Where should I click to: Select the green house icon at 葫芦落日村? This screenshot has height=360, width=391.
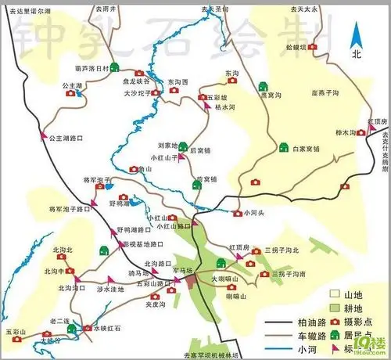click(x=115, y=68)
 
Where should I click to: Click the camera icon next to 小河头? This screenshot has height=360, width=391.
click(x=237, y=212)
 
